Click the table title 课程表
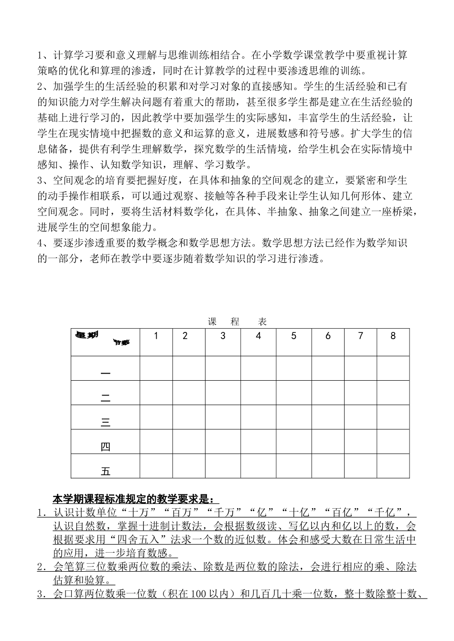238,322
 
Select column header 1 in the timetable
156,336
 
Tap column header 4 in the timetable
258,336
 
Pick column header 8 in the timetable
393,336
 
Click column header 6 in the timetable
328,336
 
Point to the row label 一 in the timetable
106,373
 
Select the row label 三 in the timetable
106,422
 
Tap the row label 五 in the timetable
106,471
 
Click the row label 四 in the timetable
106,447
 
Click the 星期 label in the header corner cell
87,335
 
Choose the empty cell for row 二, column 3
223,393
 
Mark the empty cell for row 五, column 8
393,466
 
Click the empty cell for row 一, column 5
293,368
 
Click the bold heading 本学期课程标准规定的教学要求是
135,499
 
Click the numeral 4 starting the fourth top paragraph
40,243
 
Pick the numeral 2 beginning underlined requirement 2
40,567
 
